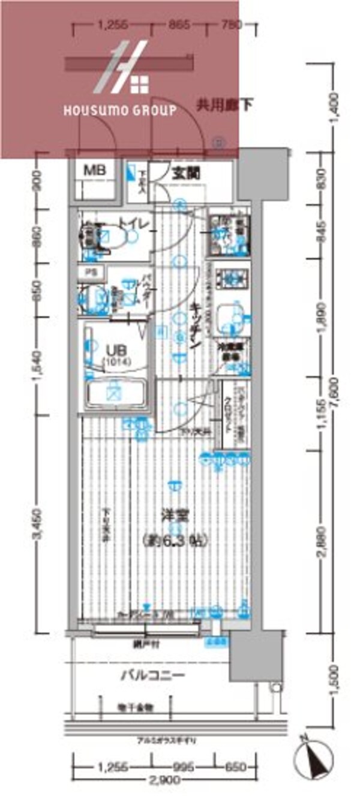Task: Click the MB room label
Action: click(x=94, y=170)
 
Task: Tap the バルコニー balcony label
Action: click(x=146, y=675)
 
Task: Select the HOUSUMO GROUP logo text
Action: click(x=120, y=110)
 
